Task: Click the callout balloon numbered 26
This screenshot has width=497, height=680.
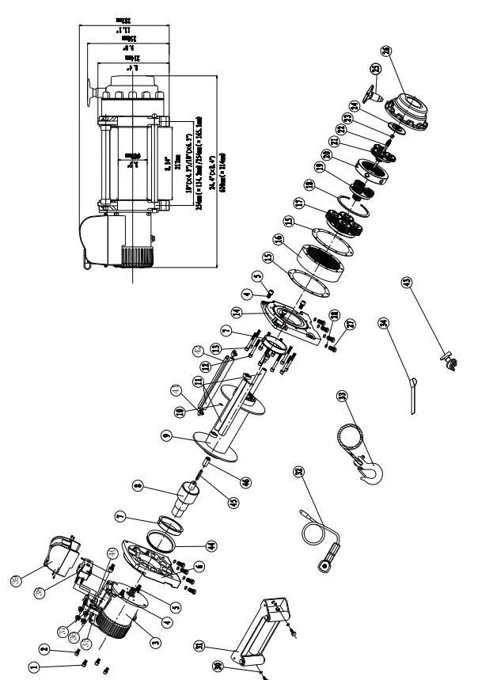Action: [386, 51]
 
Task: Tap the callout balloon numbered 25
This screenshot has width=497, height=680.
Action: [375, 70]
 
